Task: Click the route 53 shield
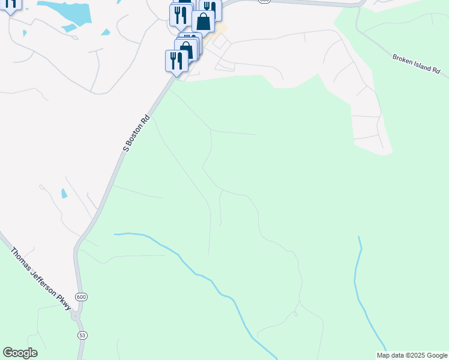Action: (x=81, y=334)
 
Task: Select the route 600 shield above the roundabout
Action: (x=80, y=296)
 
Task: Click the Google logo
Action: (x=20, y=353)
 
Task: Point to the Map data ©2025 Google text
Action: (x=412, y=355)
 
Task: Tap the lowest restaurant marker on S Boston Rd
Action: (x=176, y=61)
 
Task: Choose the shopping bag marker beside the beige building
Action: (x=203, y=22)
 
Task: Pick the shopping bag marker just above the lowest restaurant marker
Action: (x=186, y=50)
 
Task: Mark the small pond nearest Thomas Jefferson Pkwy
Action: (x=64, y=193)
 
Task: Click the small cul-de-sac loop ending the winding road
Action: (x=295, y=314)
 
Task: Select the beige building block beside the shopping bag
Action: (x=221, y=29)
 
